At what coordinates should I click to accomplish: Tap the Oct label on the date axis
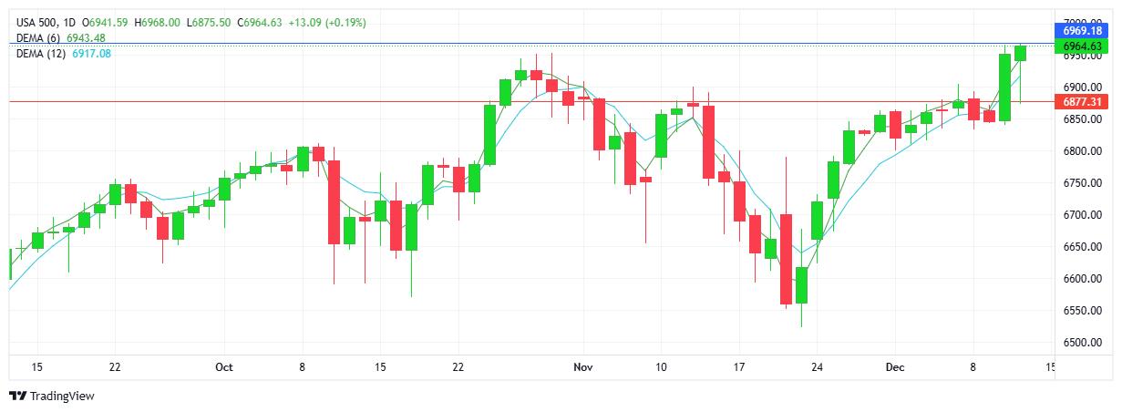tap(224, 366)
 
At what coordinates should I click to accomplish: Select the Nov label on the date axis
tap(583, 366)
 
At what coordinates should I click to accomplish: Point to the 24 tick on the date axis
tap(817, 366)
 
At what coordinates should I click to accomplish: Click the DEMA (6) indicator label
tap(37, 37)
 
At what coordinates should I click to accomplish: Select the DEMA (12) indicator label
tap(40, 54)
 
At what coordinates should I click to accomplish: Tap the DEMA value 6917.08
tap(91, 54)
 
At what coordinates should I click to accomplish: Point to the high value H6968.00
tap(159, 22)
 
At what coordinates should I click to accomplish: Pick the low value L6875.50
tap(211, 22)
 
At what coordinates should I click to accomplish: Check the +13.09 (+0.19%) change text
tap(327, 22)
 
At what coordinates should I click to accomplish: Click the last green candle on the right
tap(1020, 53)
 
